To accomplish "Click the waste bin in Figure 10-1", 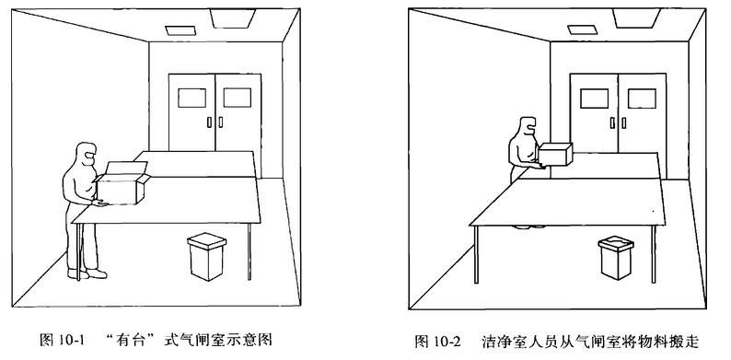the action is [x=207, y=258].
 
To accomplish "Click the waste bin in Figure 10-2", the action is [x=616, y=258].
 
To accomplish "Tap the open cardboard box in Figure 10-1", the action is [x=122, y=183].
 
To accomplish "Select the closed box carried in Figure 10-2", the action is [x=555, y=155].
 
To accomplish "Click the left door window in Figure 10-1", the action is [x=191, y=98].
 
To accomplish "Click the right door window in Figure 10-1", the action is [x=238, y=98].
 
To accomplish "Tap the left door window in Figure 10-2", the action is [x=595, y=99].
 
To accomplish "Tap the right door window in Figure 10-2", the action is [x=642, y=99].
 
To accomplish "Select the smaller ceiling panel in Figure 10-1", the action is [x=179, y=29].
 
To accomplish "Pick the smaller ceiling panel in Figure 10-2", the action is [x=581, y=29].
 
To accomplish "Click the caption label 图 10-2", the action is [x=438, y=342].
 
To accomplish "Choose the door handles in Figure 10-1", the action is [x=215, y=122].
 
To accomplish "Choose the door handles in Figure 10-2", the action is [x=618, y=122].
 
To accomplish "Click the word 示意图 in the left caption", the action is [x=254, y=340].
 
